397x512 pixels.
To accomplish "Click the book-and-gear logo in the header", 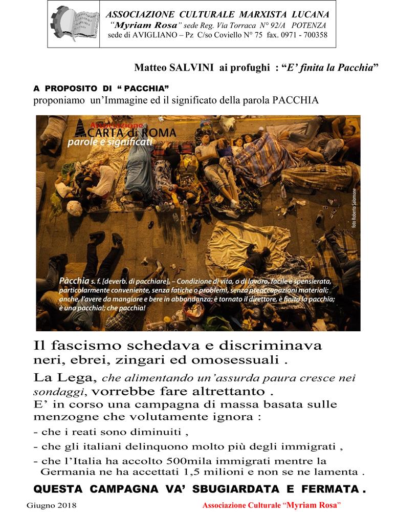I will tap(75, 24).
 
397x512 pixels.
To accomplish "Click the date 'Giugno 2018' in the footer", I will tap(51, 505).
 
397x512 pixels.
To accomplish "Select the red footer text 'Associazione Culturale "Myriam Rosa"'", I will tap(272, 505).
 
